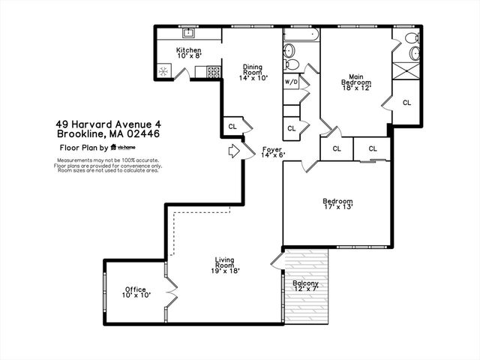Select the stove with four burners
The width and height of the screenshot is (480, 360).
coord(212,72)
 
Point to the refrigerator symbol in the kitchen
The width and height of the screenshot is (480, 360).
coord(163,72)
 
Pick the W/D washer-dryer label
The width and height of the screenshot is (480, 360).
coord(291,82)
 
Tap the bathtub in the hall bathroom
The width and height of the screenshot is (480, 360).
coord(301,34)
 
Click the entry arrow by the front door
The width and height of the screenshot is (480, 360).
coord(233,151)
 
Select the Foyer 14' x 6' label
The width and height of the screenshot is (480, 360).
coord(271,152)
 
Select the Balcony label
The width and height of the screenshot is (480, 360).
coord(305,286)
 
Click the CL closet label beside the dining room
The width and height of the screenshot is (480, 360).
coord(232,127)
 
